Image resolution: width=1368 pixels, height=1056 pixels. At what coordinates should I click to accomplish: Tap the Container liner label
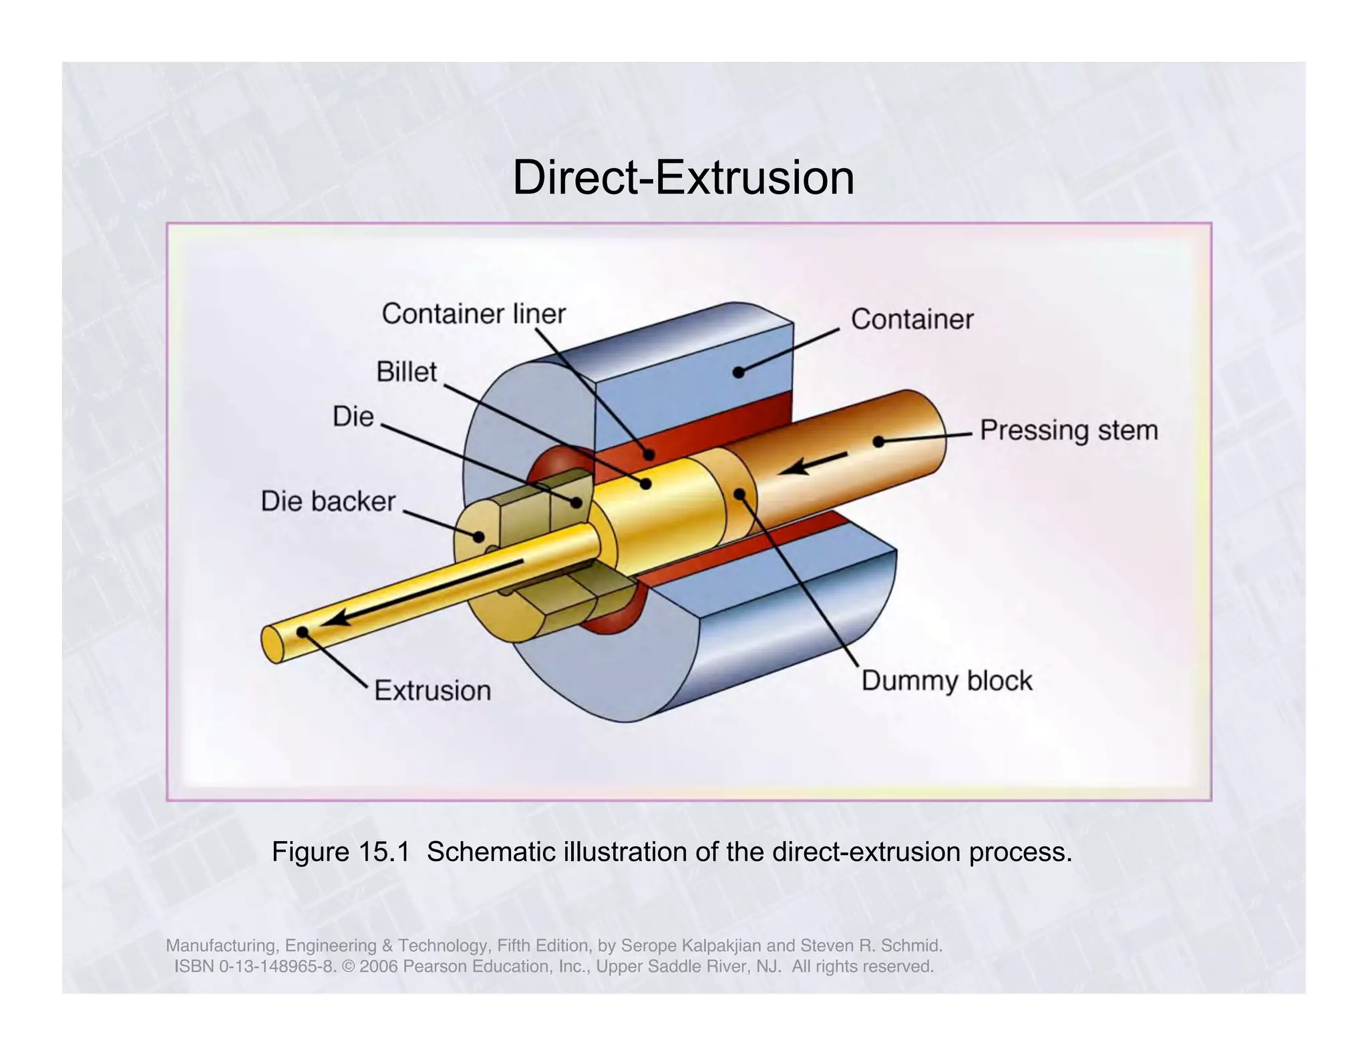coord(474,314)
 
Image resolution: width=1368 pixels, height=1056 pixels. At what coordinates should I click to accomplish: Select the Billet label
coord(406,372)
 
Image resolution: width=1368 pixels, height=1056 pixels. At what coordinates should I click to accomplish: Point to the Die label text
coord(353,417)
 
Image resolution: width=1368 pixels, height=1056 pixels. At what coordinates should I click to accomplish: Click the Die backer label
coord(328,501)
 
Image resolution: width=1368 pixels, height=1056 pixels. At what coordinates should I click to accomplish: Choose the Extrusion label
coord(432,690)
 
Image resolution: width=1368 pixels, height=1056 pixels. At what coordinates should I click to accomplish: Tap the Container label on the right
coord(912,320)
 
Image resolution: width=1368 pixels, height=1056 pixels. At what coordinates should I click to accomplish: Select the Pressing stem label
coord(1069,430)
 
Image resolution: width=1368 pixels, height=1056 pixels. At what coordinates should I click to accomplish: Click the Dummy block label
coord(947,681)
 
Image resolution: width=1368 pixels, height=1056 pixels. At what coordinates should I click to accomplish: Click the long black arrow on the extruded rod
coord(421,593)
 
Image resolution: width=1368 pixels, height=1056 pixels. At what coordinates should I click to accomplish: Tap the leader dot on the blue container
coord(738,372)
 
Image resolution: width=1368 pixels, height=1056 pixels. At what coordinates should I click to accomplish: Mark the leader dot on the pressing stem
coord(879,441)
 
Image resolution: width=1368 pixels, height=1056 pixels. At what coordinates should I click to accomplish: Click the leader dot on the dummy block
coord(740,494)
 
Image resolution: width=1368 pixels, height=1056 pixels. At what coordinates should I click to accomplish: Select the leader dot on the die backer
coord(478,536)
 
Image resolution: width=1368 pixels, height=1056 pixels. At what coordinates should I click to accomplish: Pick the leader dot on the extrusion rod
coord(303,631)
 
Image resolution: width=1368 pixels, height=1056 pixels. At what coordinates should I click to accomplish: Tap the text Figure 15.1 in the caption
coord(340,852)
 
